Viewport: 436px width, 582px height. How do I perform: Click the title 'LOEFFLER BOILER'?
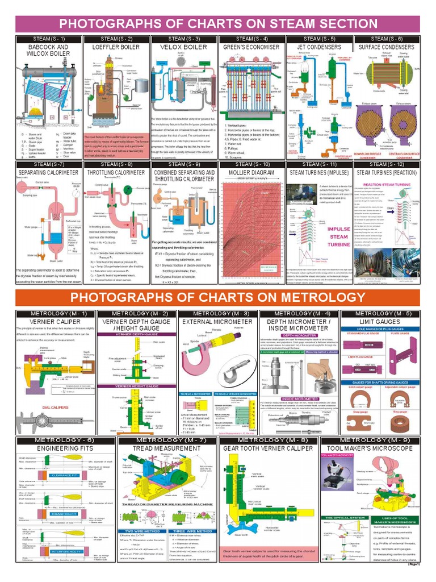point(116,47)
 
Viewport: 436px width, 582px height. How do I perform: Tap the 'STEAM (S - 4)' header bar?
point(252,39)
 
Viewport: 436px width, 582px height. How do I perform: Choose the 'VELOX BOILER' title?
point(185,47)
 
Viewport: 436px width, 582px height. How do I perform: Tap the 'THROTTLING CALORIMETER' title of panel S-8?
point(116,172)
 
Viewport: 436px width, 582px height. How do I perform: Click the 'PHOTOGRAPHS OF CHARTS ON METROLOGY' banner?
point(218,298)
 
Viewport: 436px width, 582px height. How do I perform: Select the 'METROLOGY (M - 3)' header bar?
point(217,314)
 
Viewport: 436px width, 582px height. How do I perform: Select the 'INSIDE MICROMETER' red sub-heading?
point(300,398)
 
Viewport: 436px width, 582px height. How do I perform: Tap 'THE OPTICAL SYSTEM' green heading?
point(344,518)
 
